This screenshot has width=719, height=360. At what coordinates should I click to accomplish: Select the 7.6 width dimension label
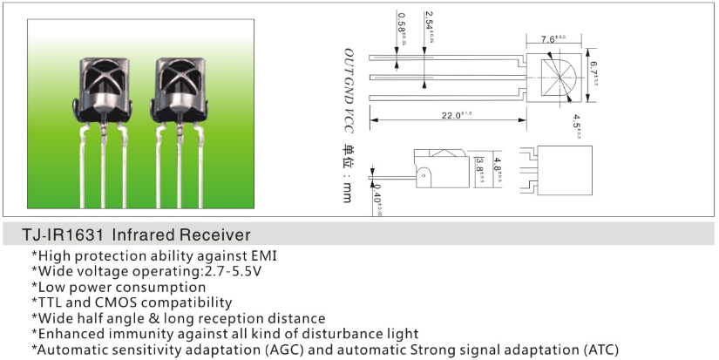[553, 38]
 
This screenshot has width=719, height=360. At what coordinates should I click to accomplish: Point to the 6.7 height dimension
[594, 66]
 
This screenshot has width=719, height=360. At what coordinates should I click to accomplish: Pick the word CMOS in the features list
[128, 302]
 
